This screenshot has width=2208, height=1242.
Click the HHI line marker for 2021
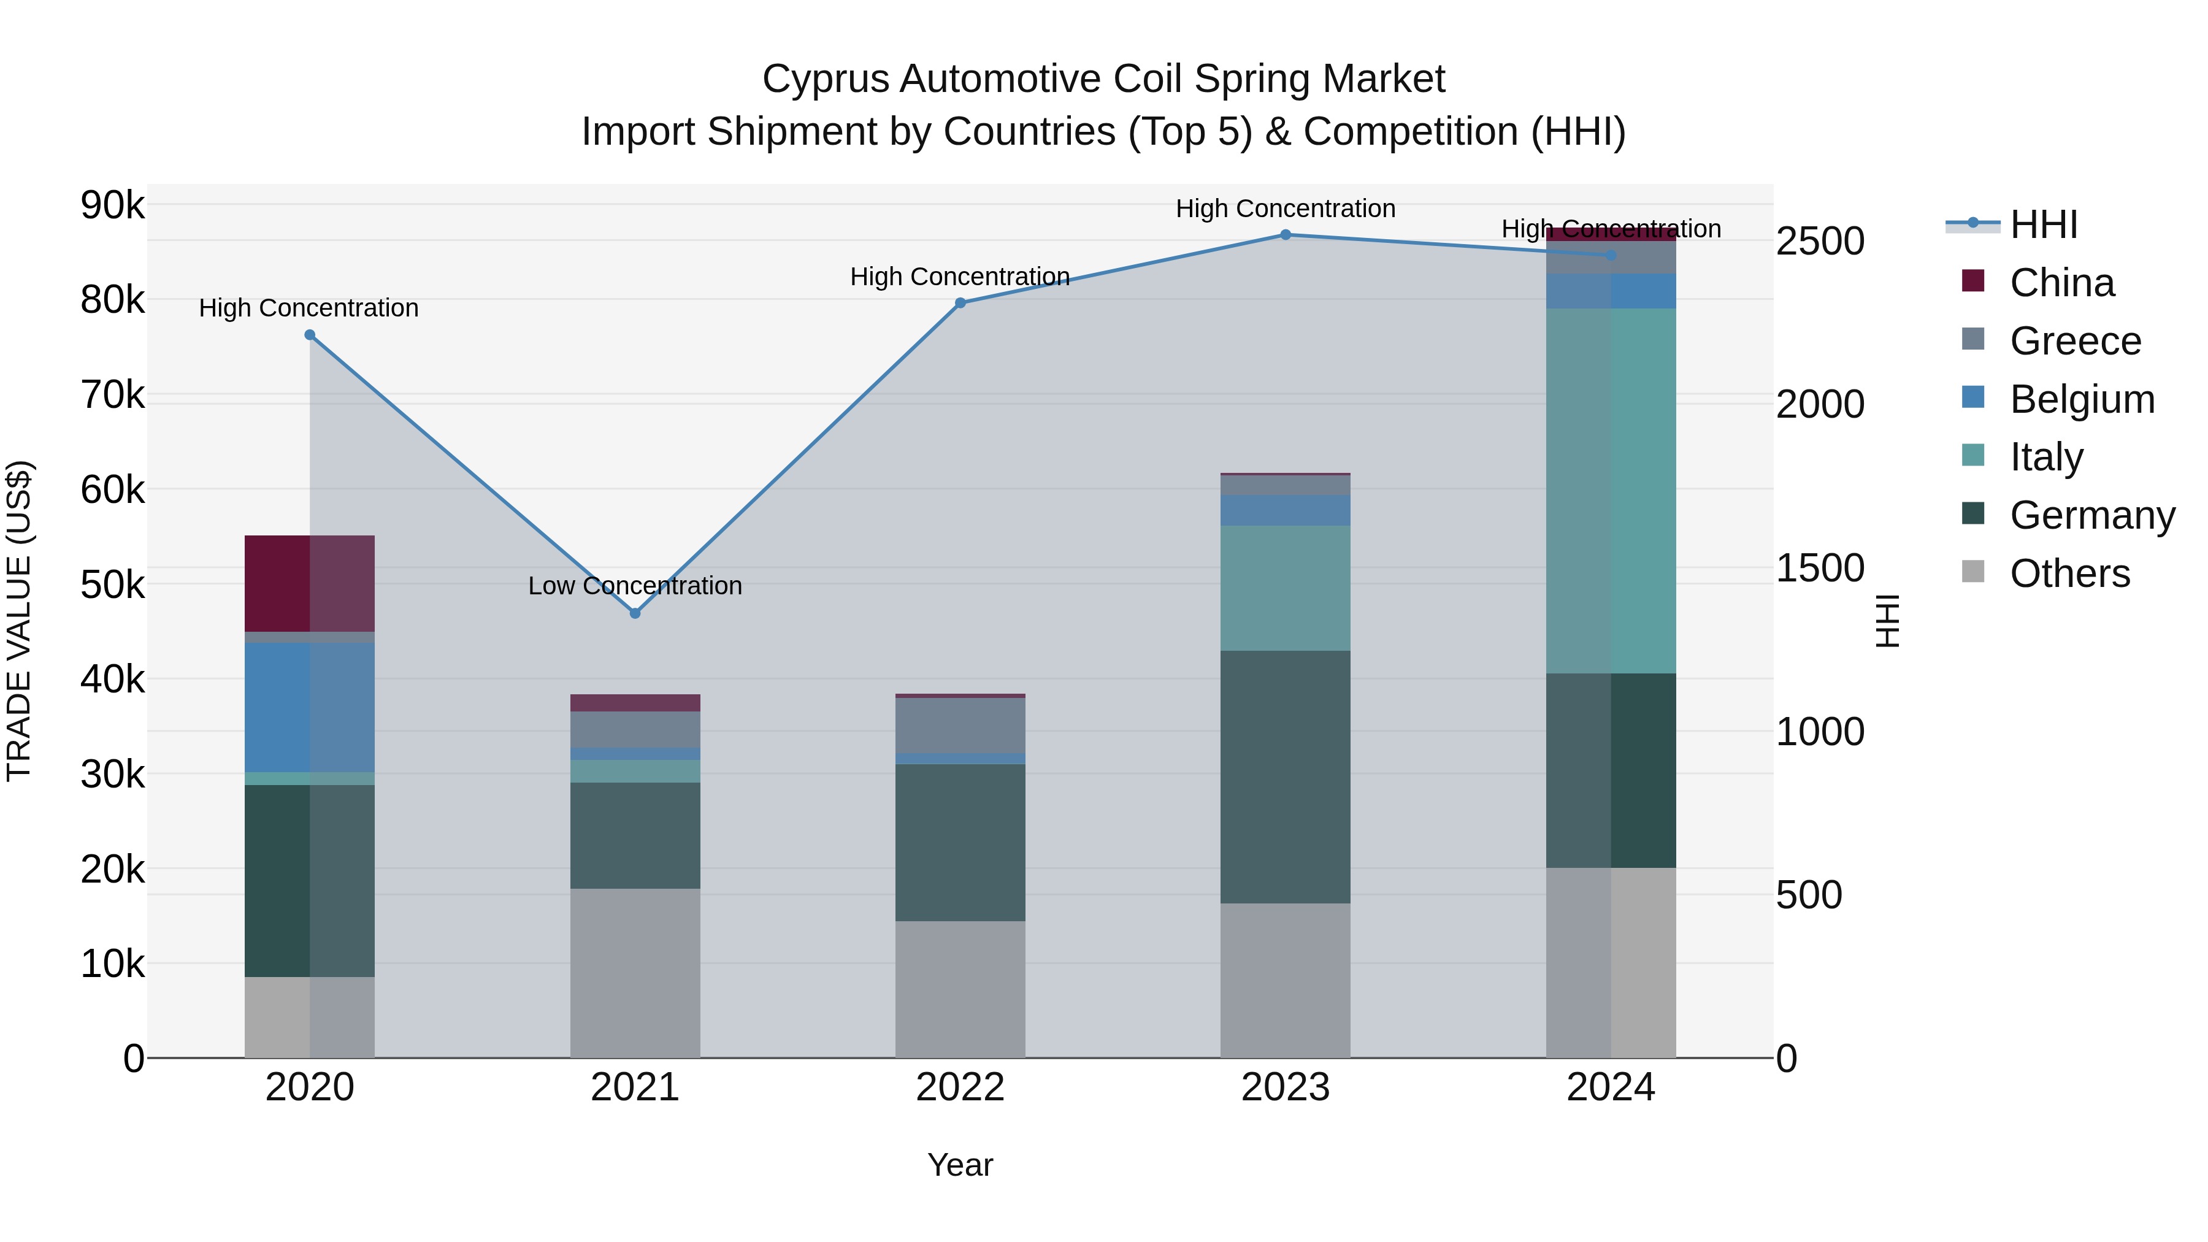point(635,613)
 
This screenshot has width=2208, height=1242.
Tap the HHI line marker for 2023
point(1285,235)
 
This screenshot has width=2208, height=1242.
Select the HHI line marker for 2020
point(310,335)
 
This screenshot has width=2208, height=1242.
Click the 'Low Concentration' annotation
point(635,586)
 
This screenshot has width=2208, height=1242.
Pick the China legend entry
point(2061,283)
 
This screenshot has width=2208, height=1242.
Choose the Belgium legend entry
point(2081,399)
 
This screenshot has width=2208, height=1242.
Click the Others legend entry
point(2069,573)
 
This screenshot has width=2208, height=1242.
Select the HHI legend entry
point(2044,224)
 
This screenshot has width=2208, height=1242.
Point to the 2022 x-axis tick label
point(960,1087)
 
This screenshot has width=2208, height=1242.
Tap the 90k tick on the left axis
point(112,205)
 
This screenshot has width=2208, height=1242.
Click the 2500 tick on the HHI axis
point(1820,241)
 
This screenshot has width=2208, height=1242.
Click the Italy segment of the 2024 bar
point(1611,490)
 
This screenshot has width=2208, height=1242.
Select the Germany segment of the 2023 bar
point(1285,776)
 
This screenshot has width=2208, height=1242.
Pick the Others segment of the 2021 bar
point(635,973)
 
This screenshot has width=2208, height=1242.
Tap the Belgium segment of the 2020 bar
point(310,707)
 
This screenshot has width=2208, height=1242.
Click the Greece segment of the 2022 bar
point(960,725)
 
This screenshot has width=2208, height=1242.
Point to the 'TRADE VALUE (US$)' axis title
point(19,621)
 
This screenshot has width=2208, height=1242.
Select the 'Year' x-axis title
point(960,1165)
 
